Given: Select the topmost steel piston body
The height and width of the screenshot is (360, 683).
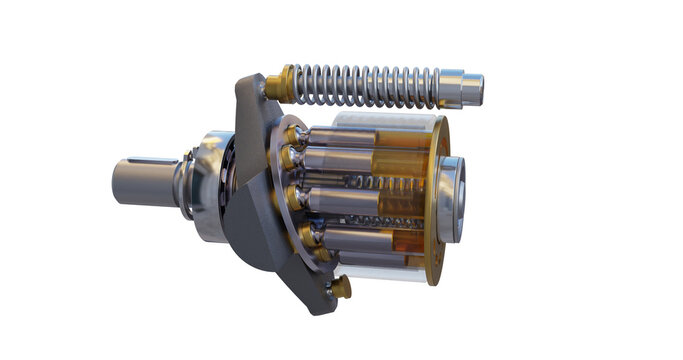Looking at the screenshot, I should coord(340,140).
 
